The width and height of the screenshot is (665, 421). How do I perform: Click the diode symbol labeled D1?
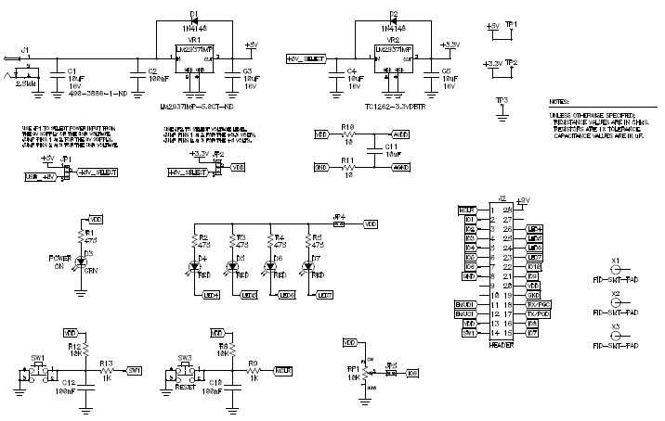pos(194,19)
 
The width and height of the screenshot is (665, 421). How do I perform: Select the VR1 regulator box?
pos(195,59)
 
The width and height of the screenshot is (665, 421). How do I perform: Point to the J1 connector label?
pos(25,48)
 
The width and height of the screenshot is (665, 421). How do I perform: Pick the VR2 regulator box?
pos(394,58)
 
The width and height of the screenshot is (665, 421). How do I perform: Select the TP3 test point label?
pos(502,99)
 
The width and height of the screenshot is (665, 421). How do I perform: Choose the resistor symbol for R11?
pos(348,168)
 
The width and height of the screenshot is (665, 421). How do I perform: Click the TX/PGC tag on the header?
pos(537,304)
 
